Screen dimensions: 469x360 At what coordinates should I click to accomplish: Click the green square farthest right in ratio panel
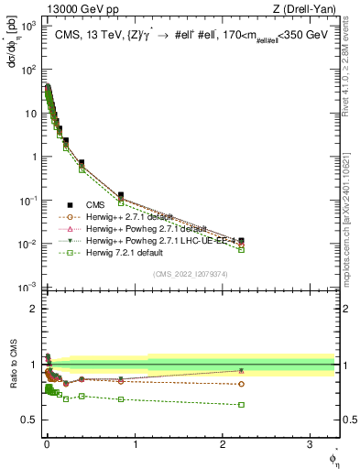241,404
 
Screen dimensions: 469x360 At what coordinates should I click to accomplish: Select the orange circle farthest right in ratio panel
241,384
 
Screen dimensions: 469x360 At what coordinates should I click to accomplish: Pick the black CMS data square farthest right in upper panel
241,241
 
